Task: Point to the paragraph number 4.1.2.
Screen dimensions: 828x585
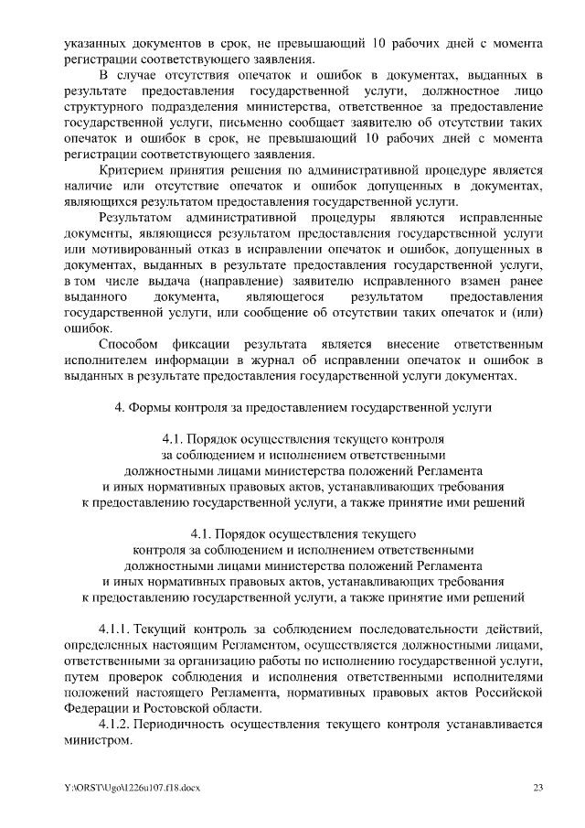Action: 114,724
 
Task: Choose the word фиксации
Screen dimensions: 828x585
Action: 208,344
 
